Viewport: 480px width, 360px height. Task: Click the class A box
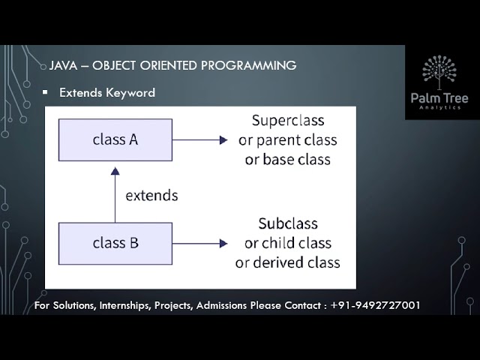[115, 139]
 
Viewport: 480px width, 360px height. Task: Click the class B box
[115, 243]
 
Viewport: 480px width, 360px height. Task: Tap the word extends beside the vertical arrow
[151, 195]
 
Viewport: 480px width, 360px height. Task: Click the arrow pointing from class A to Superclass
[199, 139]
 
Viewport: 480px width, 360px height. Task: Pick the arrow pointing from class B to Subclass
[199, 243]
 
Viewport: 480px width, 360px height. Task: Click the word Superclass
[287, 120]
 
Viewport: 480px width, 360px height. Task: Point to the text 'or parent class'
[287, 140]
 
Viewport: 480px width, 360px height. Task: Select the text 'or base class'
[287, 160]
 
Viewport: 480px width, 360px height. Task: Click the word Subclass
[288, 223]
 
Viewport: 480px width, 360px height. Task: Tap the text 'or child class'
[288, 243]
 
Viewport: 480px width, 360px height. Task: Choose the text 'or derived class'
[288, 262]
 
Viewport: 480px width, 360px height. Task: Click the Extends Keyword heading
[107, 92]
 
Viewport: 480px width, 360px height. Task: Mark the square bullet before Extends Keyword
[45, 92]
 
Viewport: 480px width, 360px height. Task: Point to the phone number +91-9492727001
[375, 306]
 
